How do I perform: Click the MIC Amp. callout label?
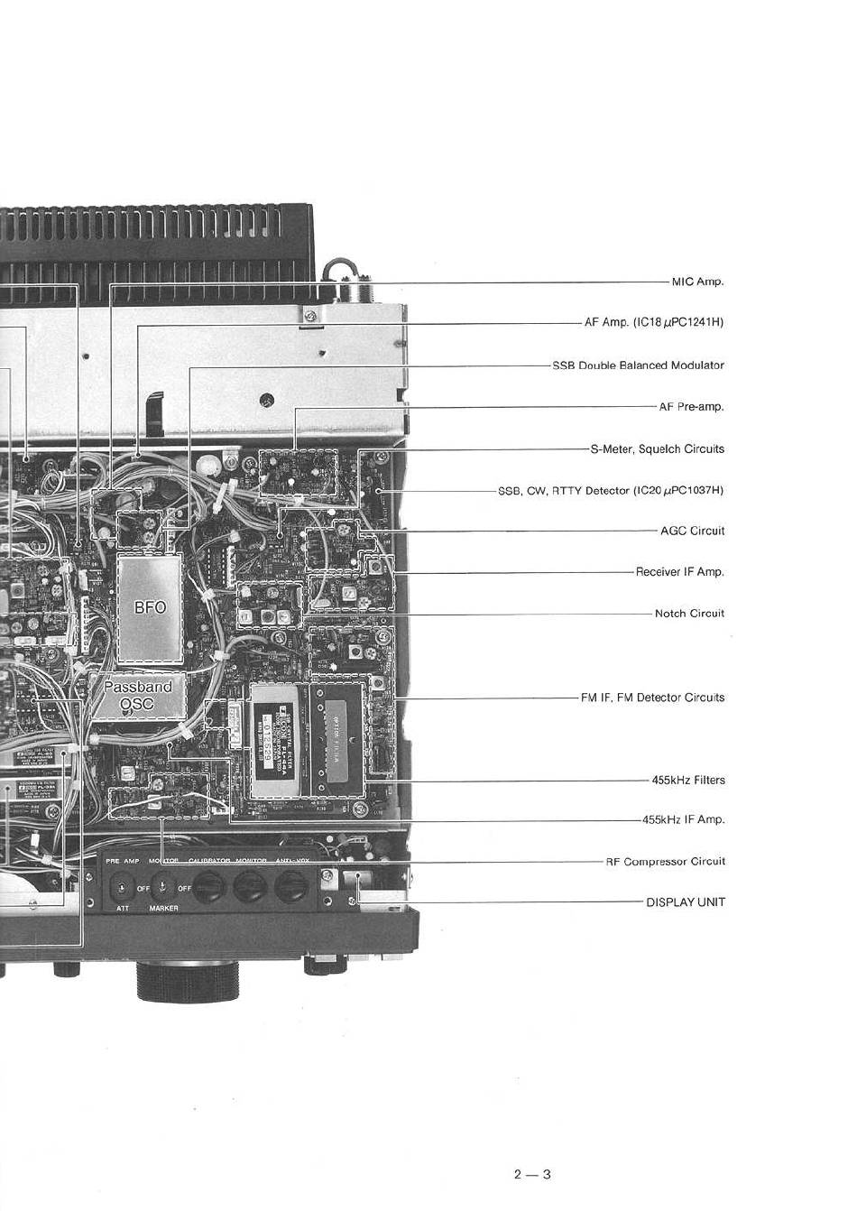[697, 282]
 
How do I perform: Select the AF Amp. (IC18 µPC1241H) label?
[654, 322]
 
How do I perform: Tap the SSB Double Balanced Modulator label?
[638, 365]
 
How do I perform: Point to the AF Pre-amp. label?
[691, 407]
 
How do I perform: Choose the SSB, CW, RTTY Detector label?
[611, 491]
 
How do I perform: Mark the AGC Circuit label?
[692, 531]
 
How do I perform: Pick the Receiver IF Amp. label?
[679, 572]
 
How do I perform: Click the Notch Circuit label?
[689, 614]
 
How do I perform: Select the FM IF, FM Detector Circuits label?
[652, 698]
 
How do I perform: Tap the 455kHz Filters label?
[687, 781]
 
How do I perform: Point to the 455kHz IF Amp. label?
[683, 820]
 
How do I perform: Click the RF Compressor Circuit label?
[665, 862]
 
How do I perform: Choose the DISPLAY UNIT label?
[685, 902]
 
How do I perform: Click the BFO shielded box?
[150, 607]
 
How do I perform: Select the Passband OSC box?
[137, 695]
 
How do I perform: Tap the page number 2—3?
[532, 1174]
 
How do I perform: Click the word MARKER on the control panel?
[163, 909]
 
